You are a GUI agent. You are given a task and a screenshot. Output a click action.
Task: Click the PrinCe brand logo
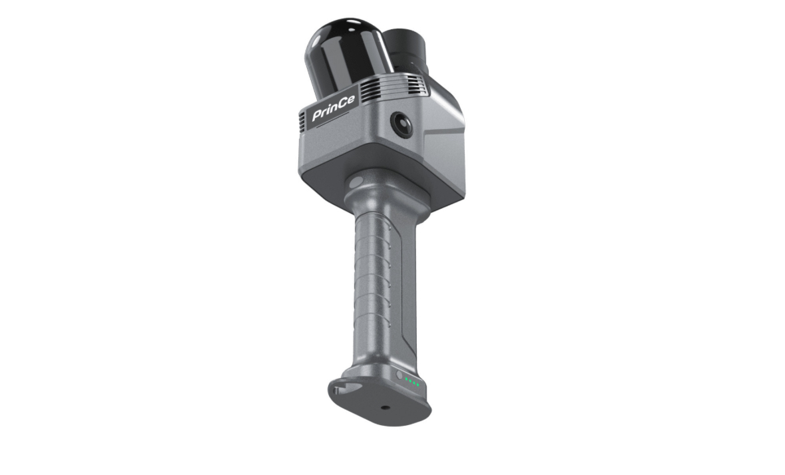333,108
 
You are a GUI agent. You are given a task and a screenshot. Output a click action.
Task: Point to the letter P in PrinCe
317,116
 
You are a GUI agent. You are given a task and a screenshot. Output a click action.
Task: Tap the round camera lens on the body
401,124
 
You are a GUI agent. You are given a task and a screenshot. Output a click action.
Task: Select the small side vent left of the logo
302,122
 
